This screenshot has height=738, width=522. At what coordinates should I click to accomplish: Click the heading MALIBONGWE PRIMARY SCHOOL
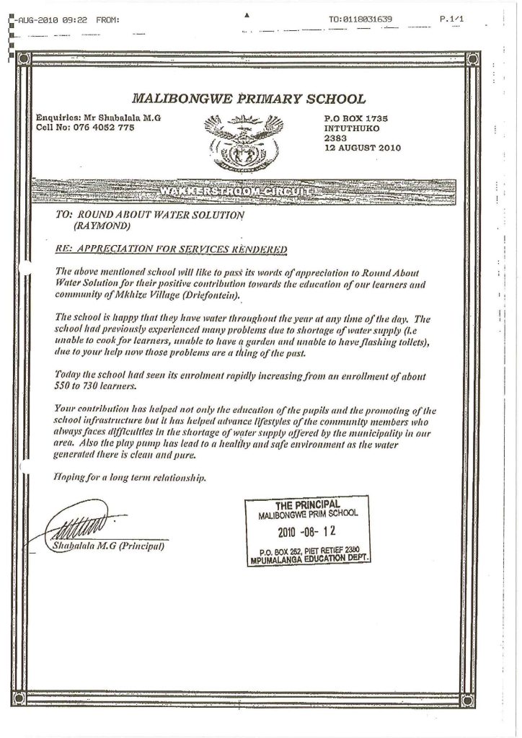tap(250, 99)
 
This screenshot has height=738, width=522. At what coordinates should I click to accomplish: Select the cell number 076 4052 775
tap(100, 127)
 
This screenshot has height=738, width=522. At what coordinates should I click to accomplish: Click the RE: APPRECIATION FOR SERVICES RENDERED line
tap(171, 249)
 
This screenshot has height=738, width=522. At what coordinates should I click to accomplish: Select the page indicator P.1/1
tap(450, 19)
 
